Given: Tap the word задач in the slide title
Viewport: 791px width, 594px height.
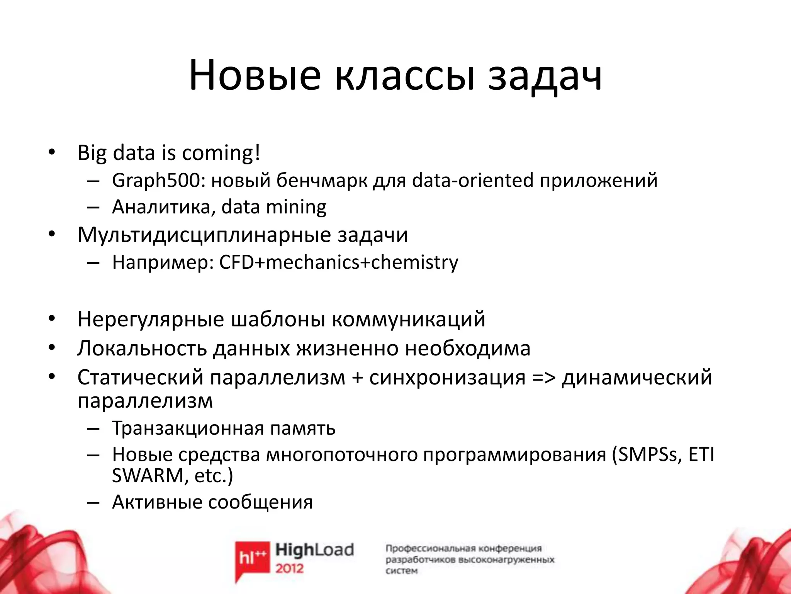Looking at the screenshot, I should pos(545,76).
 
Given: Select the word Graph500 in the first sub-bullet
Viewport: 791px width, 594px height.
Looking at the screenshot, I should pos(158,181).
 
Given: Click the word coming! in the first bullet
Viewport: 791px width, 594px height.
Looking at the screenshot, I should pos(221,154).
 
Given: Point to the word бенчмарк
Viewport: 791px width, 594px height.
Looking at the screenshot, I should pos(322,181).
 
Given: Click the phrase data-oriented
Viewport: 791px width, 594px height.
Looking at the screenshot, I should pos(473,181).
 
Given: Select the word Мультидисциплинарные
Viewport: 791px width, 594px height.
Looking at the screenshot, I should pos(204,235).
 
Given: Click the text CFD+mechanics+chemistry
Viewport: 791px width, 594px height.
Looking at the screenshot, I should pos(339,262).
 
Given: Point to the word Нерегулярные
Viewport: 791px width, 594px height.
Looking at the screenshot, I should pos(151,319).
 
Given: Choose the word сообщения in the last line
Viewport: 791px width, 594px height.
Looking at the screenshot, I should pos(260,502).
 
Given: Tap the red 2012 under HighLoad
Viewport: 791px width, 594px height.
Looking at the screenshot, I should pos(290,568).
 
